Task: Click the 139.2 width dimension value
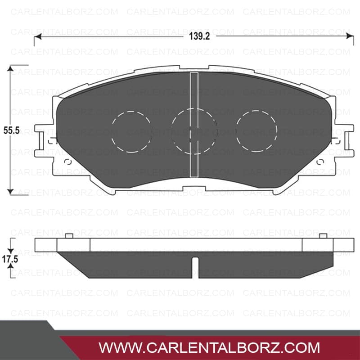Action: pyautogui.click(x=199, y=36)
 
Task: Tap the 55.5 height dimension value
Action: pyautogui.click(x=12, y=130)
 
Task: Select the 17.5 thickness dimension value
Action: pyautogui.click(x=10, y=260)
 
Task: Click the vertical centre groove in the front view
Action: pyautogui.click(x=194, y=125)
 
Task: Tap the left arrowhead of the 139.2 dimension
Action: pyautogui.click(x=38, y=36)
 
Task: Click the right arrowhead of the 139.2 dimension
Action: pyautogui.click(x=350, y=36)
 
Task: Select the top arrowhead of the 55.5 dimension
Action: pyautogui.click(x=10, y=68)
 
